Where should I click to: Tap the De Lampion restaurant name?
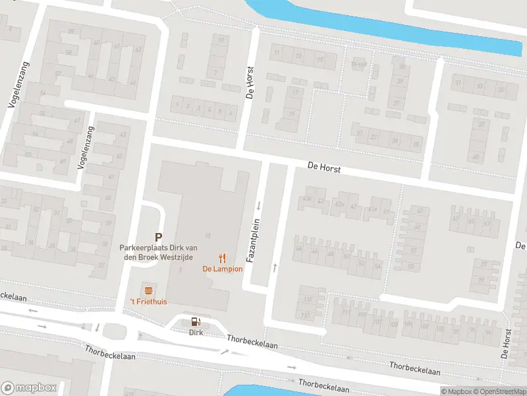tap(223, 269)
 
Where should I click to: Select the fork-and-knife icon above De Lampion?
tap(223, 258)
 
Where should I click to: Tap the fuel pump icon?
tap(195, 322)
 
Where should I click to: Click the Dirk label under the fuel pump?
tap(196, 333)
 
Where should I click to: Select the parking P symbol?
tap(158, 236)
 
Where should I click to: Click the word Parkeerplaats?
tap(140, 247)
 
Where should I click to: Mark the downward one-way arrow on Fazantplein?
tap(259, 205)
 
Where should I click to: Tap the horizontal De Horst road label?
tap(323, 169)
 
